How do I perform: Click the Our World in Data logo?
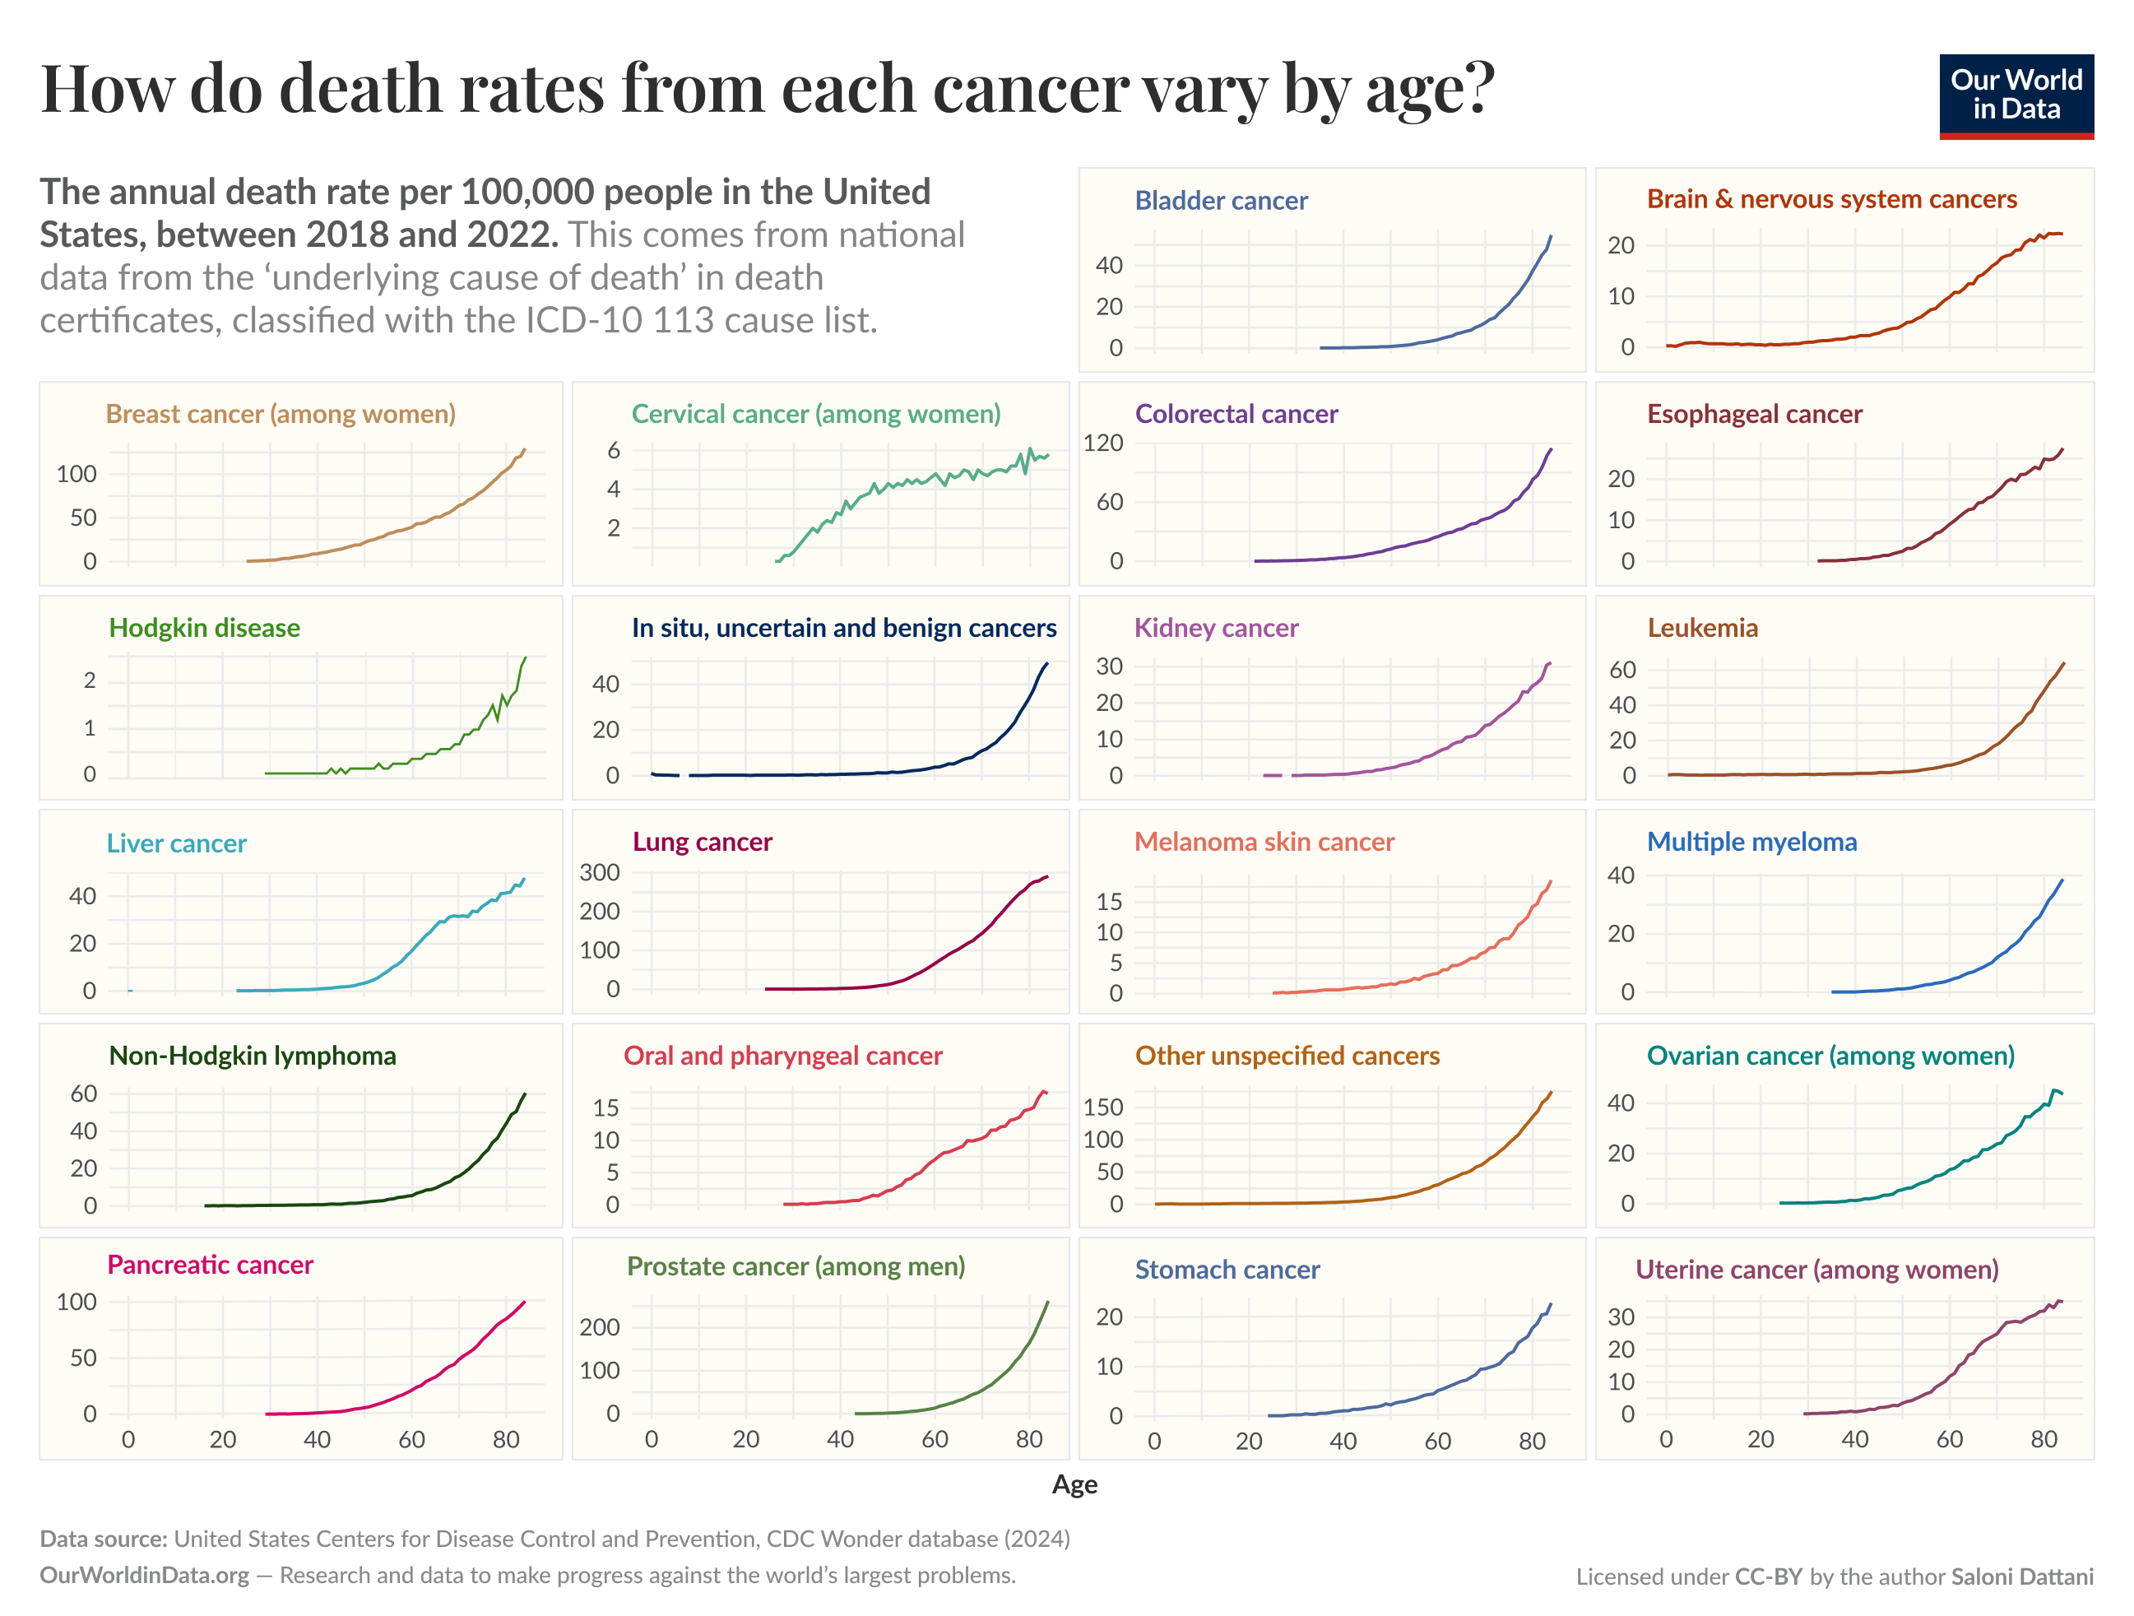pyautogui.click(x=2016, y=95)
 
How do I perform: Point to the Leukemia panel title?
pyautogui.click(x=1702, y=628)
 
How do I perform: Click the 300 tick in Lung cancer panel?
pyautogui.click(x=599, y=872)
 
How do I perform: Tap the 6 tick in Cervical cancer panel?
pyautogui.click(x=614, y=451)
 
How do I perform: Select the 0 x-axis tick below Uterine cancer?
pyautogui.click(x=1666, y=1439)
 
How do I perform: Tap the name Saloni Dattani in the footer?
pyautogui.click(x=2021, y=1576)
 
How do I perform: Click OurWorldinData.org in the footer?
pyautogui.click(x=145, y=1575)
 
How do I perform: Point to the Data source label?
pyautogui.click(x=103, y=1538)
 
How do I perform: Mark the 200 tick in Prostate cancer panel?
pyautogui.click(x=599, y=1327)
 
